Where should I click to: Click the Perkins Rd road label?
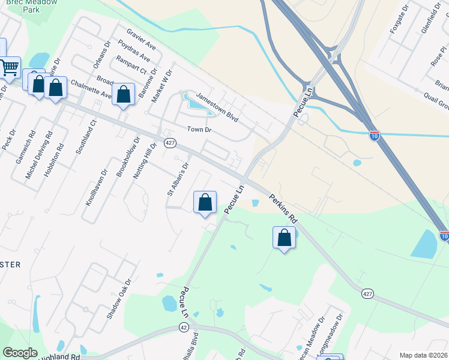(x=283, y=210)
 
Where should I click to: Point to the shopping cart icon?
(x=9, y=68)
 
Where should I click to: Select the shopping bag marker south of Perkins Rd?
(x=284, y=238)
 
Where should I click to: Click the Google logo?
(x=20, y=353)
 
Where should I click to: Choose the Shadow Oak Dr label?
(x=119, y=298)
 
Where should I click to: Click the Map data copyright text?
(x=423, y=355)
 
